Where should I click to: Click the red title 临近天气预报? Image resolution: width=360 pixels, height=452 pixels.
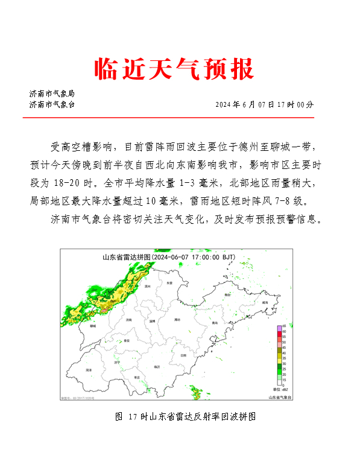tap(174, 69)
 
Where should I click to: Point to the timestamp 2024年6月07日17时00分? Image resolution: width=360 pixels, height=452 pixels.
tap(265, 104)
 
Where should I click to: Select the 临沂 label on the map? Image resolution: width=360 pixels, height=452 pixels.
tap(157, 366)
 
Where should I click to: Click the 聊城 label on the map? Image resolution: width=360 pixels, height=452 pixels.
tap(92, 325)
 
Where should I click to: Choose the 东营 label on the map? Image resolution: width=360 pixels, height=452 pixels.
tap(169, 282)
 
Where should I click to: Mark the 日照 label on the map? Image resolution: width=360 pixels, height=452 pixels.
tap(183, 355)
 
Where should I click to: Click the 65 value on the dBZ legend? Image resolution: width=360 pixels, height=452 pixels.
tap(284, 326)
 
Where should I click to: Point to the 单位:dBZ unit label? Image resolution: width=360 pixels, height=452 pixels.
tap(280, 390)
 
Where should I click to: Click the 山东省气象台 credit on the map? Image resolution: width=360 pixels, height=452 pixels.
tap(280, 396)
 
